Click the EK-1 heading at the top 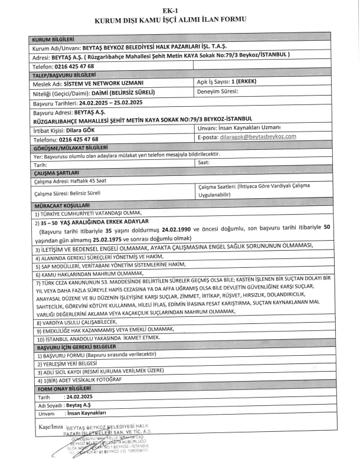coord(180,11)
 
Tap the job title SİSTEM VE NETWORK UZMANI coord(104,84)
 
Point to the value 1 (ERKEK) coord(243,84)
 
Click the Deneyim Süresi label coord(217,93)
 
